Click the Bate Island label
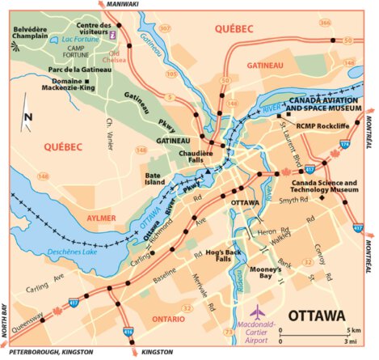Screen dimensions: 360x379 tap(155, 179)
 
